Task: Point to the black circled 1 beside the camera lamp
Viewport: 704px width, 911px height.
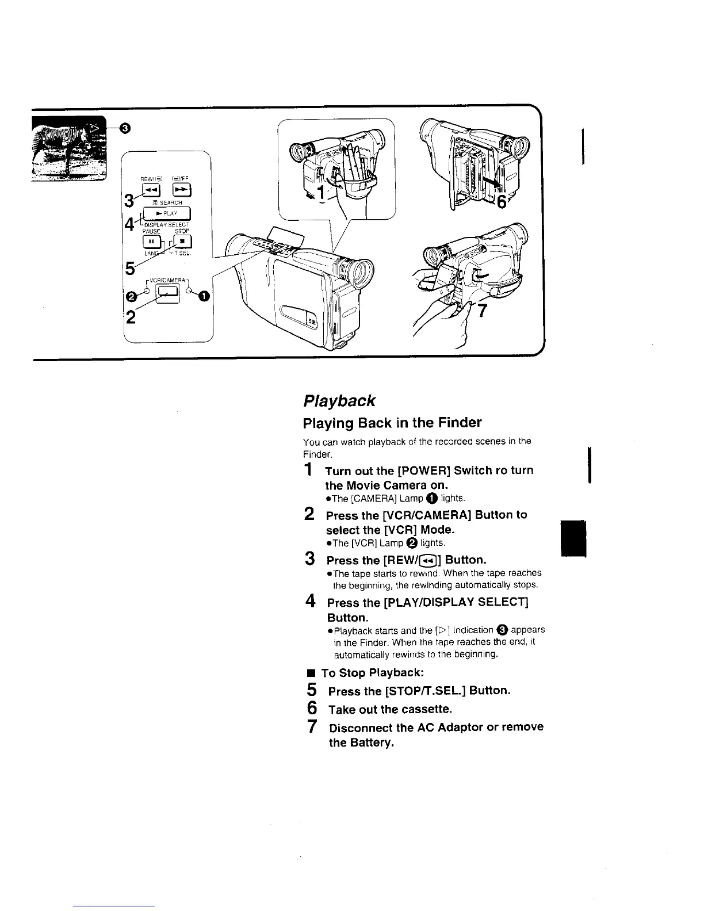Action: coord(204,296)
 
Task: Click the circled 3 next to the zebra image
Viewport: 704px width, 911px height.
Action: coord(124,129)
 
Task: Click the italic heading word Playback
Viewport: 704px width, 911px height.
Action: coord(339,400)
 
